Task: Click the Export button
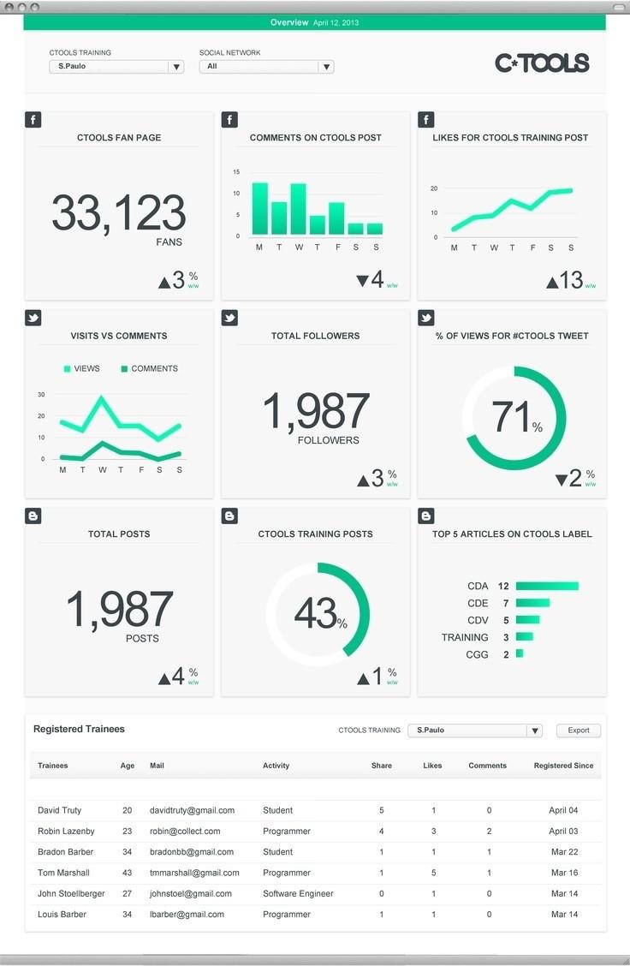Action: (x=579, y=730)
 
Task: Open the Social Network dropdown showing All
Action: (x=266, y=67)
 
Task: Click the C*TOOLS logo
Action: (x=542, y=63)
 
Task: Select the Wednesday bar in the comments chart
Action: (x=298, y=209)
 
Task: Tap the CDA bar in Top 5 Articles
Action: (x=547, y=587)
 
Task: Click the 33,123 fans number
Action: (x=118, y=213)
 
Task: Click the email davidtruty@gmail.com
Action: (x=192, y=810)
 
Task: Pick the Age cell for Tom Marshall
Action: (x=128, y=873)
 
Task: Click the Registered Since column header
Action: (x=563, y=766)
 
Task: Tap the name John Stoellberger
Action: (x=71, y=893)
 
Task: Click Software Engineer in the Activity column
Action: (x=298, y=893)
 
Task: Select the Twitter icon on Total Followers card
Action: (x=229, y=318)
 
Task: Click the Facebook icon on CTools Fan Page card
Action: (x=33, y=120)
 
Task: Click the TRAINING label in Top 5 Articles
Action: (x=465, y=637)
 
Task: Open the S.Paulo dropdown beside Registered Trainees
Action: (x=474, y=730)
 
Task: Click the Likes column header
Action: (x=432, y=766)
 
